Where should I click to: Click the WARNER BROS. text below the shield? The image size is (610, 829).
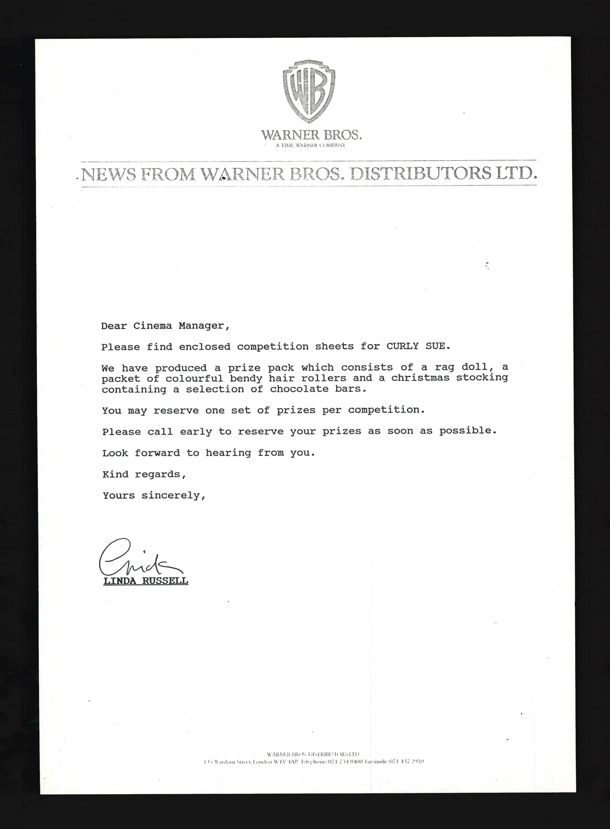(x=311, y=135)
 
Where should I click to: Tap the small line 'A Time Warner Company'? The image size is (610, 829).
(x=310, y=145)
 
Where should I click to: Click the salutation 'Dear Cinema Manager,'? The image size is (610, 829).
(x=165, y=326)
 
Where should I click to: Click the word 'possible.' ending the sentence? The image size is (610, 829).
(x=468, y=431)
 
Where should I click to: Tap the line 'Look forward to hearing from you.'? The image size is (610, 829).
(x=208, y=453)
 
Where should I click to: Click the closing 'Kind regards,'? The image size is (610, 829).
(x=144, y=474)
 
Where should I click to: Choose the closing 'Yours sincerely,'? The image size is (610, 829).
(x=154, y=495)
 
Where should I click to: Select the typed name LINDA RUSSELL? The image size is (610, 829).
(x=146, y=581)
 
